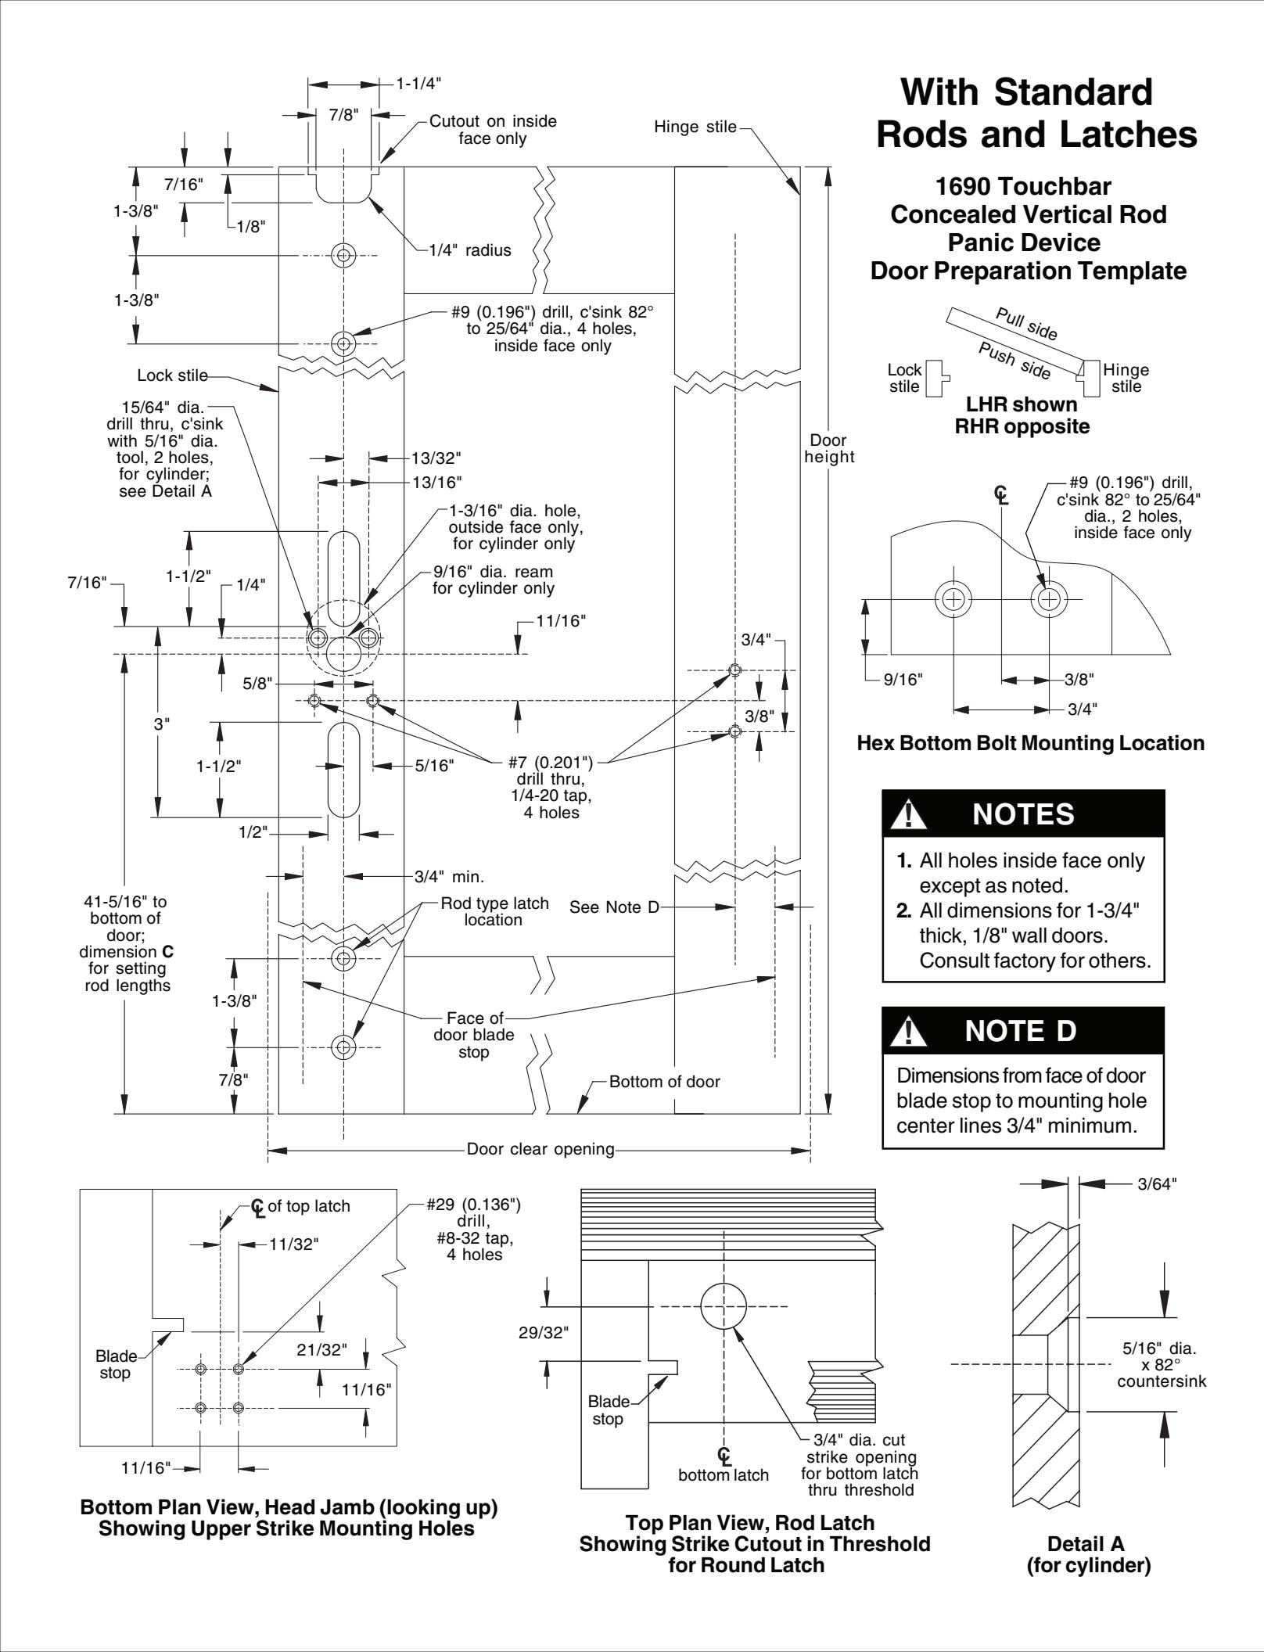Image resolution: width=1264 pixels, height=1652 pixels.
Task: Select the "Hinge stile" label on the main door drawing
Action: pos(695,127)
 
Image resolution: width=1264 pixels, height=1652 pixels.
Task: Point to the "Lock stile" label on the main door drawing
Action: pos(173,375)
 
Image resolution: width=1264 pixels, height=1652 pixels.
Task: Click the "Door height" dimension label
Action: pos(829,448)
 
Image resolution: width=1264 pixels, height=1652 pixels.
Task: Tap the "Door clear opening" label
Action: pos(540,1149)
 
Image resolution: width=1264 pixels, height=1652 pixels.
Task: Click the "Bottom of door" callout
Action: pos(665,1082)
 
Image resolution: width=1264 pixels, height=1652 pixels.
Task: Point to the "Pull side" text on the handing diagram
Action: pos(1026,324)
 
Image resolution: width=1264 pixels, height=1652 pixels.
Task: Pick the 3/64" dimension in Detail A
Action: pos(1157,1183)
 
